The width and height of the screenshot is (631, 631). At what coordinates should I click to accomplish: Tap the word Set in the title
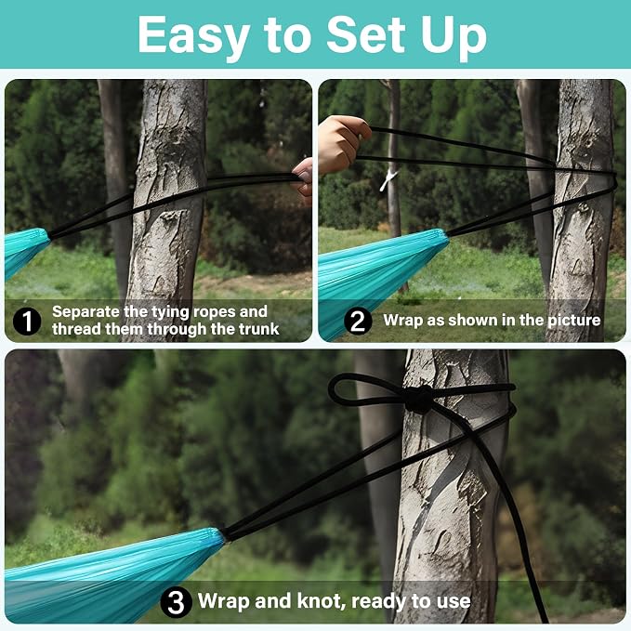[x=365, y=34]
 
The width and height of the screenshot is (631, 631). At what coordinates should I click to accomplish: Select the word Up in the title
[x=454, y=39]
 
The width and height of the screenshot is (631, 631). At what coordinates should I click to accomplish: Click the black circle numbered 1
[x=27, y=322]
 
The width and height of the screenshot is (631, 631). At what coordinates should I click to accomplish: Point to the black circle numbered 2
[x=358, y=322]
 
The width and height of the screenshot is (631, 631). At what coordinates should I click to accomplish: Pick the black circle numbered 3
[x=176, y=602]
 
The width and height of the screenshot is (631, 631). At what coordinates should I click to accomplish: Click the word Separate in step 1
[x=85, y=312]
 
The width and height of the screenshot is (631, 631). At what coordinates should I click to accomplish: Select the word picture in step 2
[x=574, y=321]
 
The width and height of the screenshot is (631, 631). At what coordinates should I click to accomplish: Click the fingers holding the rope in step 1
[x=304, y=177]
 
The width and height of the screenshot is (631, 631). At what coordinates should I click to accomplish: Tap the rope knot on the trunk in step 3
[x=418, y=400]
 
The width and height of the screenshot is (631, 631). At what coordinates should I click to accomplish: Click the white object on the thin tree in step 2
[x=388, y=180]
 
